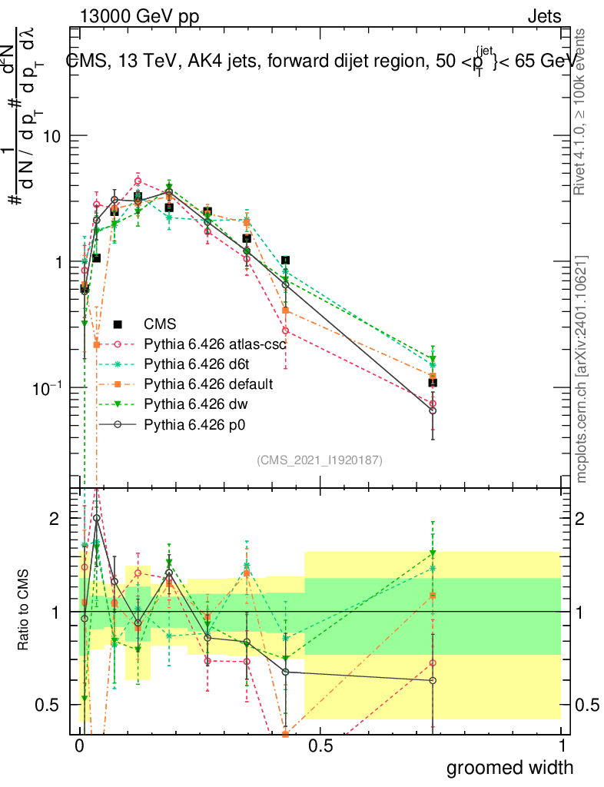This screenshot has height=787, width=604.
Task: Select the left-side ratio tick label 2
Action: pyautogui.click(x=55, y=520)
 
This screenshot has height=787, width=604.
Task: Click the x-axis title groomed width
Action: pyautogui.click(x=510, y=767)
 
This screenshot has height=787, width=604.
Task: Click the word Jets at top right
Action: pyautogui.click(x=543, y=17)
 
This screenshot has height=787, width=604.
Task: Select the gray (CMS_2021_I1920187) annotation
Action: pyautogui.click(x=320, y=460)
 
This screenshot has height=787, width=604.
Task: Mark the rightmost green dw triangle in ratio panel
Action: pyautogui.click(x=433, y=553)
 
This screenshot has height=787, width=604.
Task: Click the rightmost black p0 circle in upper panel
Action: pyautogui.click(x=433, y=410)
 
